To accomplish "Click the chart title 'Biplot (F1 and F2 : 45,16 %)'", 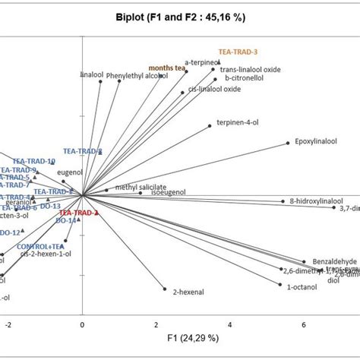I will [x=179, y=17].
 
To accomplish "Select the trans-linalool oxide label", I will [x=250, y=70].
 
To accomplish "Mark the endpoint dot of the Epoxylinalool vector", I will [x=288, y=142].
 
